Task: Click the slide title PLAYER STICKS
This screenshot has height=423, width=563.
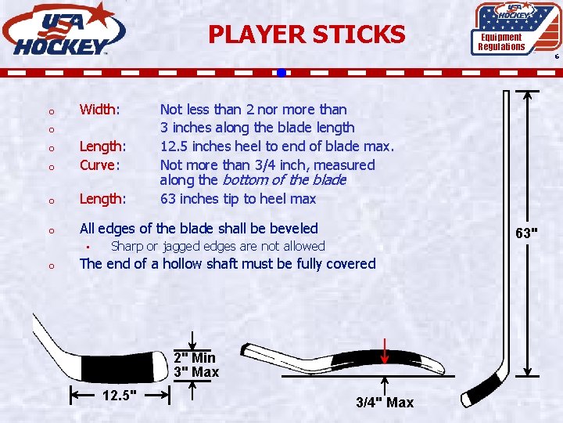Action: click(x=307, y=34)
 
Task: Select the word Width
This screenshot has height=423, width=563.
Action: click(x=99, y=110)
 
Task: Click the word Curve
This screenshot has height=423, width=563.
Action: click(x=99, y=164)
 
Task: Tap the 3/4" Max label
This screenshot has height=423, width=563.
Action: click(x=385, y=403)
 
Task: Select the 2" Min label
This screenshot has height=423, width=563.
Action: click(x=195, y=358)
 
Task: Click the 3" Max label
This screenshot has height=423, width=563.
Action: click(x=195, y=372)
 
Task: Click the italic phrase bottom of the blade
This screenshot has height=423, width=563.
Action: click(x=285, y=180)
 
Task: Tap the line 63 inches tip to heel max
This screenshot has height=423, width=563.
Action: click(x=238, y=199)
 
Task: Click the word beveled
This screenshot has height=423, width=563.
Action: click(x=291, y=229)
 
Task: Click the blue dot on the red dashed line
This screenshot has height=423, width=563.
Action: click(x=281, y=73)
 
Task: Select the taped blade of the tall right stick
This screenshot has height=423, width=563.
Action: click(x=480, y=389)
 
